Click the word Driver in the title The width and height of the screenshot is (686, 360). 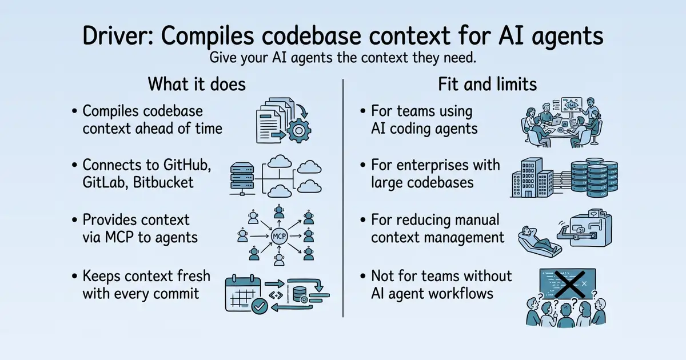point(118,36)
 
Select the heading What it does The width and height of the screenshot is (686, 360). point(197,84)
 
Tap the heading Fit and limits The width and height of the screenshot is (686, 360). point(487,84)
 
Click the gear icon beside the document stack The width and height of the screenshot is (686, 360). point(298,131)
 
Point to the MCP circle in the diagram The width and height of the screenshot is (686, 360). point(279,237)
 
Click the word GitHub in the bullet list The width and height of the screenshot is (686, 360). point(187,165)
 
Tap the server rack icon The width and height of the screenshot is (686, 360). point(242,178)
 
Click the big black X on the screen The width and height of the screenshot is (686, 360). point(569,285)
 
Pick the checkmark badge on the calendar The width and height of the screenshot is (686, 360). point(260,306)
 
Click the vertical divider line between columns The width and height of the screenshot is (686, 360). point(343,198)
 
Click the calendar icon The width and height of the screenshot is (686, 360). point(244,294)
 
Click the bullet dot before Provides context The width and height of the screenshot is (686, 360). point(74,220)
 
